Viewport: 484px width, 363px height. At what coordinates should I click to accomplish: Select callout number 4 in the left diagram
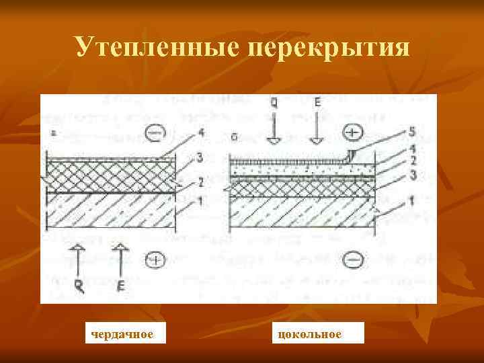200,134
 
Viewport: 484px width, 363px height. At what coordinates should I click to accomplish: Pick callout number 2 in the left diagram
199,182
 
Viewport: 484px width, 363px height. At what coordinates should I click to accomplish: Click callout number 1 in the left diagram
199,200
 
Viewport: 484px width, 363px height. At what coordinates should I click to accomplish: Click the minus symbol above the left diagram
153,134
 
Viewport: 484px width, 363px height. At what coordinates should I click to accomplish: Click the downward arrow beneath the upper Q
274,132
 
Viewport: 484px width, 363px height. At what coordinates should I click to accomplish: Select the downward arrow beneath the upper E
317,132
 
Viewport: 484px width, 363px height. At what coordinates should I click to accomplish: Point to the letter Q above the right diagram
274,105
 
